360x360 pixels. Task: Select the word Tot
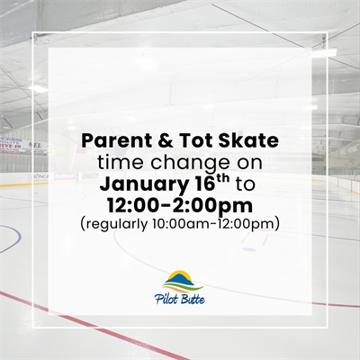point(183,142)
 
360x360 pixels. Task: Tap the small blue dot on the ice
point(248,249)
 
